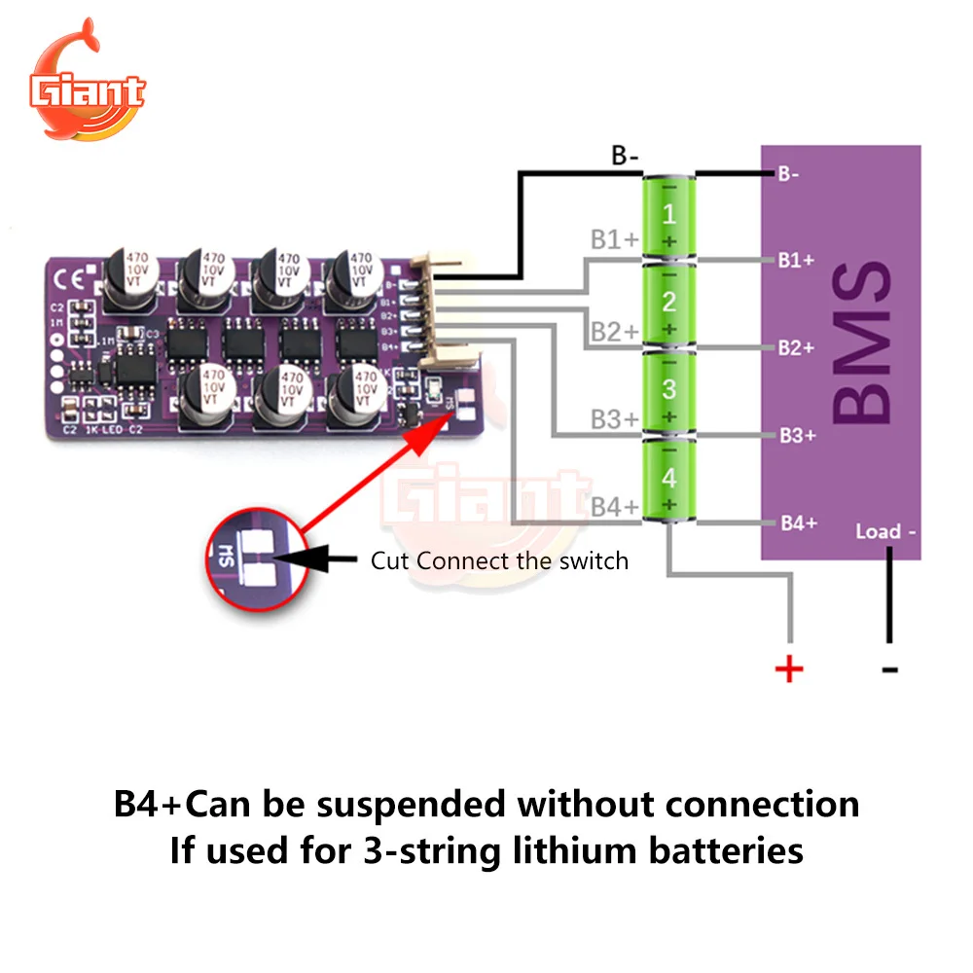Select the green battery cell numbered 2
pyautogui.click(x=668, y=304)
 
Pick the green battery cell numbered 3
pyautogui.click(x=668, y=391)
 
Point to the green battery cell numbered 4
pyautogui.click(x=668, y=479)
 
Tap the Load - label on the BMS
pyautogui.click(x=885, y=531)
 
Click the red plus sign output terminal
pyautogui.click(x=789, y=668)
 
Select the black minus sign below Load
pyautogui.click(x=888, y=669)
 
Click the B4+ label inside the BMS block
pyautogui.click(x=797, y=523)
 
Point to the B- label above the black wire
pyautogui.click(x=625, y=155)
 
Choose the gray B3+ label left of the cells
pyautogui.click(x=614, y=419)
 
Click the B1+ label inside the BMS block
pyautogui.click(x=796, y=260)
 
